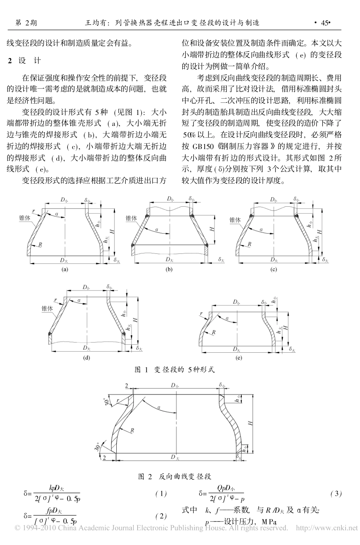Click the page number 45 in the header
[x=324, y=23]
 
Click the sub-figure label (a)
[x=65, y=270]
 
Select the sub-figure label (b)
[x=169, y=270]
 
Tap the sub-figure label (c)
[x=273, y=270]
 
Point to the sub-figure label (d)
[x=87, y=357]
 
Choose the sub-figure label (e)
[x=238, y=357]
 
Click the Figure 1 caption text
[x=175, y=369]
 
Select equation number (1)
[x=161, y=494]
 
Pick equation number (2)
[x=161, y=516]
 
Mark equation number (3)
[x=336, y=494]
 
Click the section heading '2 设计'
[x=25, y=61]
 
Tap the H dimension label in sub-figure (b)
[x=213, y=229]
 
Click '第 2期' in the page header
[x=26, y=23]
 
